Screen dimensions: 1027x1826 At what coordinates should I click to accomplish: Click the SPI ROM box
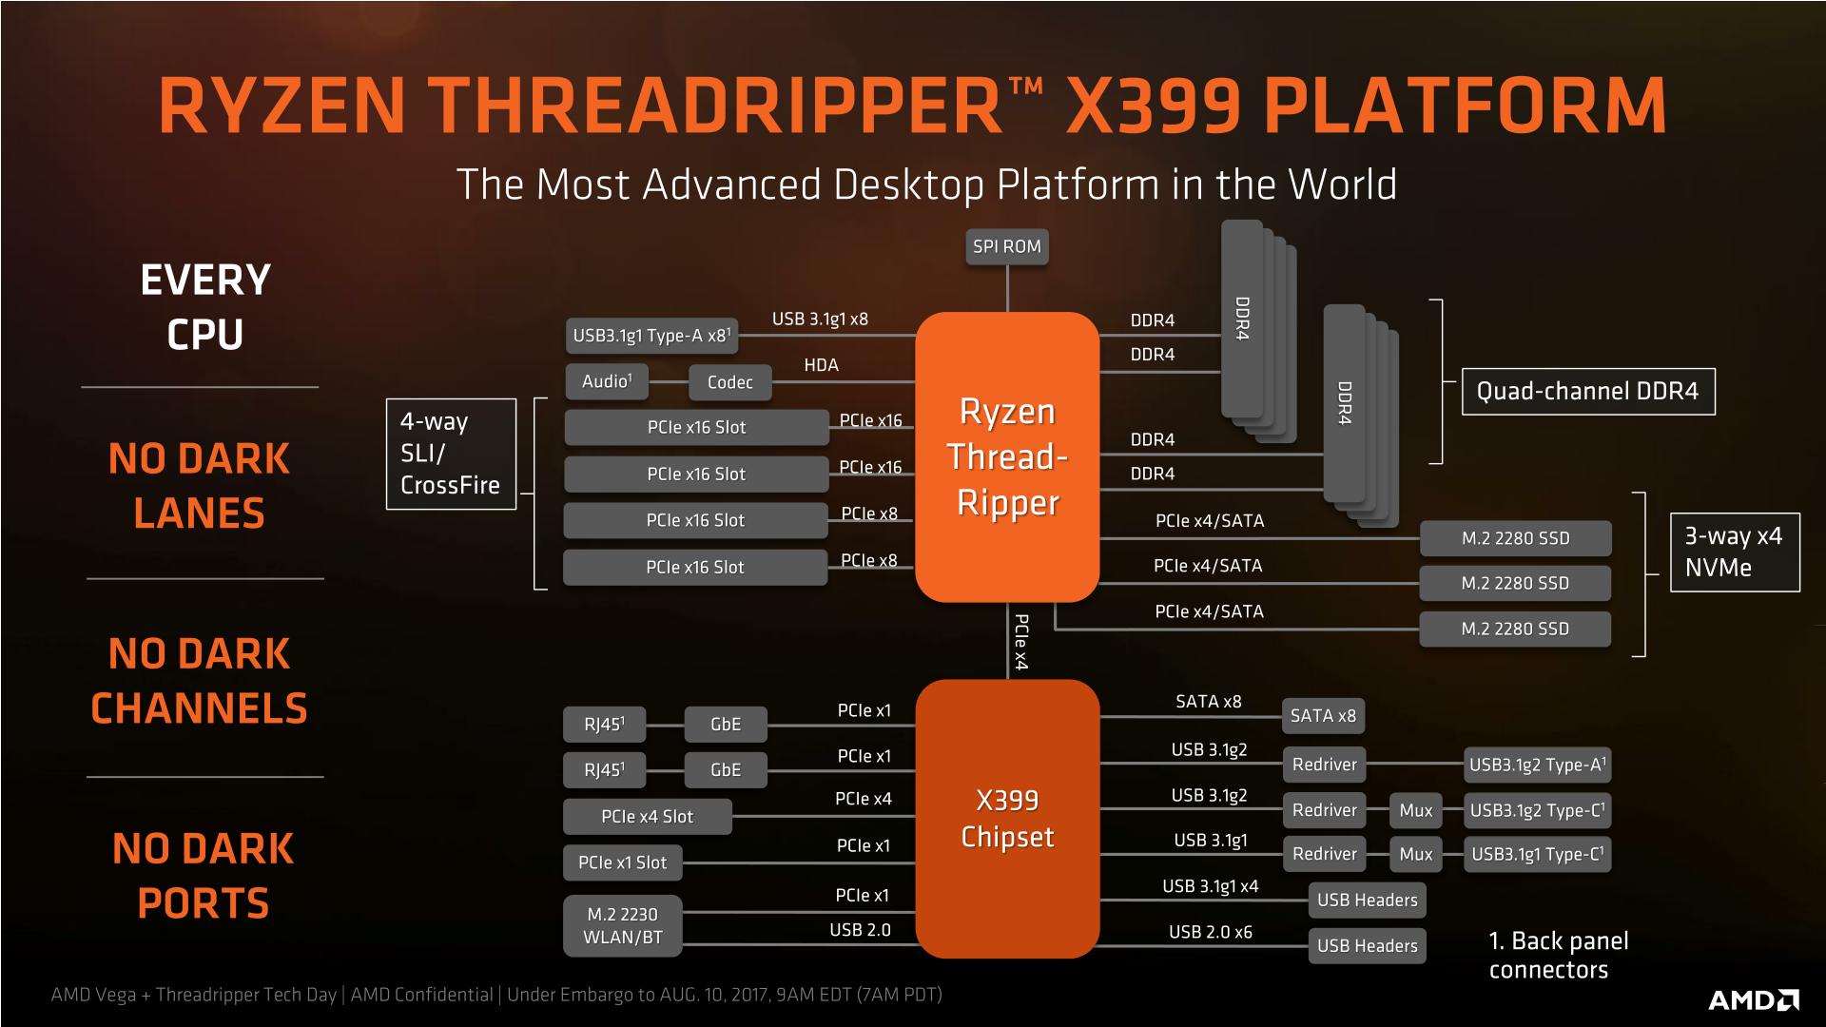(1006, 247)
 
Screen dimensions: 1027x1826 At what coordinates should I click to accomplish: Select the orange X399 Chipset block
(1007, 819)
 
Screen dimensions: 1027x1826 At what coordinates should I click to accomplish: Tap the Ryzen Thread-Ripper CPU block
(1007, 457)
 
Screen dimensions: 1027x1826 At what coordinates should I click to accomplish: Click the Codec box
(729, 382)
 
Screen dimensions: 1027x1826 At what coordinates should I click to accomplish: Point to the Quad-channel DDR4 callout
(1587, 392)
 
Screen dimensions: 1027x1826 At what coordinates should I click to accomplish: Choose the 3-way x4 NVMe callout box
(1734, 552)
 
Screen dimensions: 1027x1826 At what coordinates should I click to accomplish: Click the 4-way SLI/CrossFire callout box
(451, 454)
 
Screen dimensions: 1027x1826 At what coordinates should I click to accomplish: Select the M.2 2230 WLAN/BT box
(623, 925)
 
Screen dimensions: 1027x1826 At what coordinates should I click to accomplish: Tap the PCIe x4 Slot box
(647, 817)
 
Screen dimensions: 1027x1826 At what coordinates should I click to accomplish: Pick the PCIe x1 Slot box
(622, 862)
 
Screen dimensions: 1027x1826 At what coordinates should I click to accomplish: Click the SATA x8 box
(1322, 716)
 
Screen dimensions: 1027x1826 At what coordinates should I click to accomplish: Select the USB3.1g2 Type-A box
(1536, 765)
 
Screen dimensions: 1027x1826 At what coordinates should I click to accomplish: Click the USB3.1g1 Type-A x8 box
(651, 336)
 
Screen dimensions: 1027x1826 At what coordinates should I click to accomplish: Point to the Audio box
(607, 381)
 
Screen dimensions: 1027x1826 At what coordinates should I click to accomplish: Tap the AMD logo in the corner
(1753, 999)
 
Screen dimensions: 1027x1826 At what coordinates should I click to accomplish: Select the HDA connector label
(821, 365)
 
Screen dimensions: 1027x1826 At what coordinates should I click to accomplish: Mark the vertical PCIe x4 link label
(1020, 642)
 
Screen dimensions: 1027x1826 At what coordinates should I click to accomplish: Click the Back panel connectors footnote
(1558, 955)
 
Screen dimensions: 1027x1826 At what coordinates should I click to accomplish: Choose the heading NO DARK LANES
(199, 486)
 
